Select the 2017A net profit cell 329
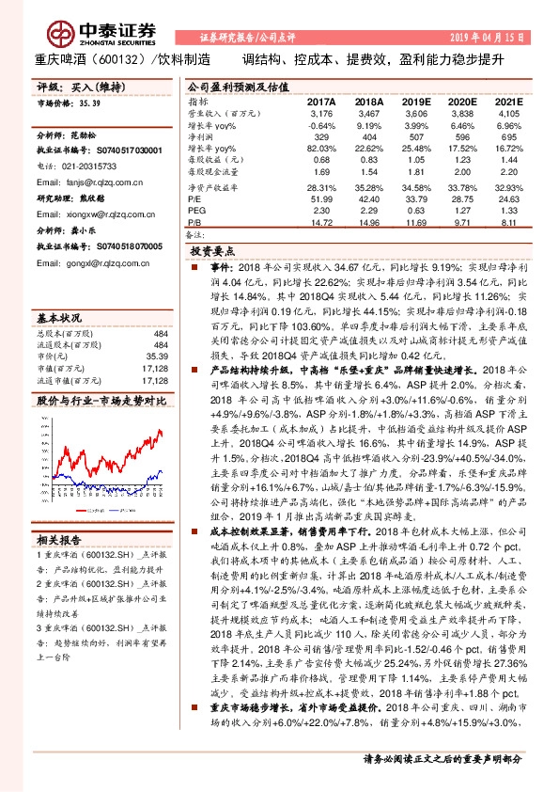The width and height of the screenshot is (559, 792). (321, 135)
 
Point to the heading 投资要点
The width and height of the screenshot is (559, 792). (215, 253)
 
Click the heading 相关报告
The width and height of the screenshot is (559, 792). (60, 539)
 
